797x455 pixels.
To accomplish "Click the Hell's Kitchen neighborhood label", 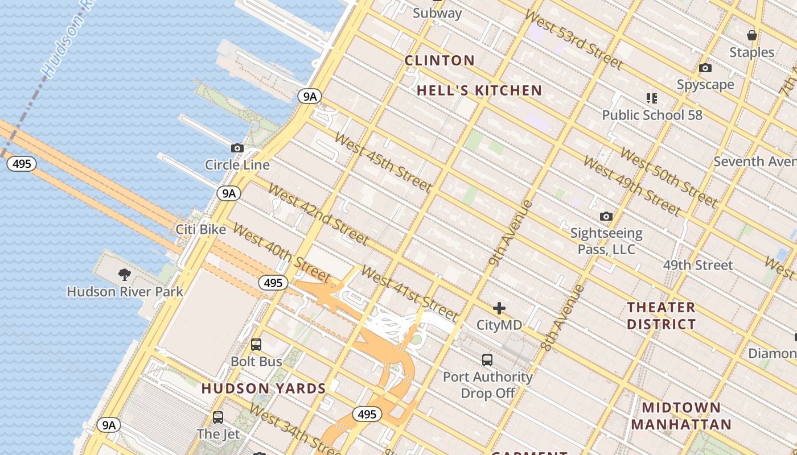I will (479, 90).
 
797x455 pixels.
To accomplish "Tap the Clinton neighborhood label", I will (439, 60).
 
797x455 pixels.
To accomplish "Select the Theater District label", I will (661, 316).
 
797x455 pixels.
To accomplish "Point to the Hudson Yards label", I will (264, 388).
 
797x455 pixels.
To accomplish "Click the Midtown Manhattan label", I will (681, 416).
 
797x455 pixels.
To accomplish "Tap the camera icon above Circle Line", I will (237, 148).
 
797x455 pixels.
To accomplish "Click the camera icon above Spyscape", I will (705, 68).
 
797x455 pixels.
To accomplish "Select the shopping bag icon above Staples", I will (752, 35).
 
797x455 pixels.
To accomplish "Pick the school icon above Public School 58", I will (652, 98).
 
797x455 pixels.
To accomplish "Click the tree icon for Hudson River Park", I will (125, 275).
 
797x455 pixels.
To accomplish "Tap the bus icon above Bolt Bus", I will (256, 345).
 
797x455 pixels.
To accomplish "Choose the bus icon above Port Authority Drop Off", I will (487, 360).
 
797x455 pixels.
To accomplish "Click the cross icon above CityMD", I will (499, 309).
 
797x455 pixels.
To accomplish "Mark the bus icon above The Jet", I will (218, 417).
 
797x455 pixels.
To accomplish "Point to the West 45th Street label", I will (383, 162).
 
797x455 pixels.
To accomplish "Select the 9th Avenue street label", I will (511, 233).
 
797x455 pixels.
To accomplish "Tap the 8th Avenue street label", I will (562, 317).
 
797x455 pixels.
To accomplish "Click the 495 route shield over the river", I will (22, 164).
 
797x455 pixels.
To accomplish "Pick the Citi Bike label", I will (200, 230).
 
